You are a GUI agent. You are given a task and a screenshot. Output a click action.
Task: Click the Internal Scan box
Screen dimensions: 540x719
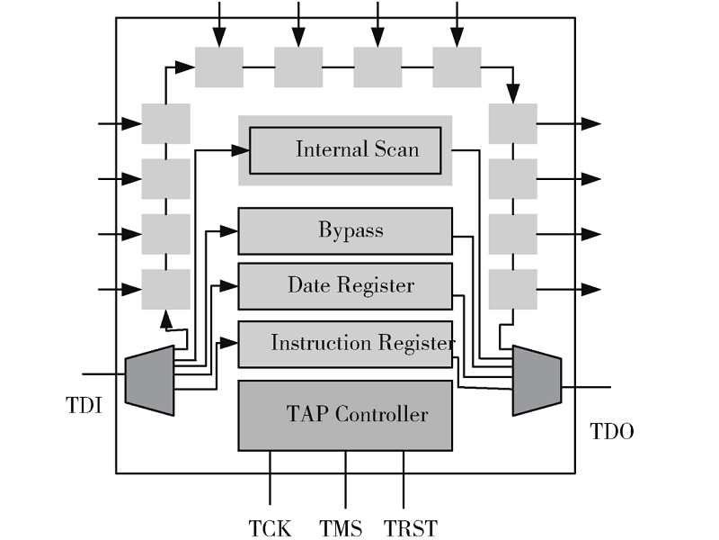click(x=345, y=150)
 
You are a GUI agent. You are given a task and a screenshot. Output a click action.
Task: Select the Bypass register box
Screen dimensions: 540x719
click(x=345, y=231)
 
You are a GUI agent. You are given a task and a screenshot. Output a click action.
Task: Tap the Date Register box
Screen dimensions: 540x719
click(x=345, y=286)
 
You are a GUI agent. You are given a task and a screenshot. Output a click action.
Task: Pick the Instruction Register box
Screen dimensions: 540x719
click(x=345, y=344)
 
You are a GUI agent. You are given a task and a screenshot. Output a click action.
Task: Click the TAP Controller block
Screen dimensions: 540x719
click(x=345, y=415)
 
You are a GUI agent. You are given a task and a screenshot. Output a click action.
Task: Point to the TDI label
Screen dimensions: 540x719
click(x=84, y=406)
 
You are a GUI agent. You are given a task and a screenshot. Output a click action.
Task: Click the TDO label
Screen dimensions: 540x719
click(x=612, y=432)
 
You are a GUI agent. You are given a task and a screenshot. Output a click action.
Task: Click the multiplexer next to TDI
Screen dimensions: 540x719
click(x=149, y=380)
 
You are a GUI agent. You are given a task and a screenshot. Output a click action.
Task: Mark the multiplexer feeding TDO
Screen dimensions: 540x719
click(x=537, y=380)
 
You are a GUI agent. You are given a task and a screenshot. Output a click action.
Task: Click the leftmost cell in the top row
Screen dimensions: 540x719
click(x=219, y=67)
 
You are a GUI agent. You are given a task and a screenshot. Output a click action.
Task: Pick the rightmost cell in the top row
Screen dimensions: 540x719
click(x=457, y=67)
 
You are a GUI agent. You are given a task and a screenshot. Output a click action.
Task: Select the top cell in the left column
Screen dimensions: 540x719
click(x=165, y=123)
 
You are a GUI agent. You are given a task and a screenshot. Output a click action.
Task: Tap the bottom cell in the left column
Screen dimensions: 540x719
click(x=165, y=290)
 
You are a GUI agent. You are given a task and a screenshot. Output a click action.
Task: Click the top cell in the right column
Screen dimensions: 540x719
click(x=513, y=123)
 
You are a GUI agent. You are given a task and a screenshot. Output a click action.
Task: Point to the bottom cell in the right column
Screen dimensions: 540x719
click(x=513, y=290)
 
